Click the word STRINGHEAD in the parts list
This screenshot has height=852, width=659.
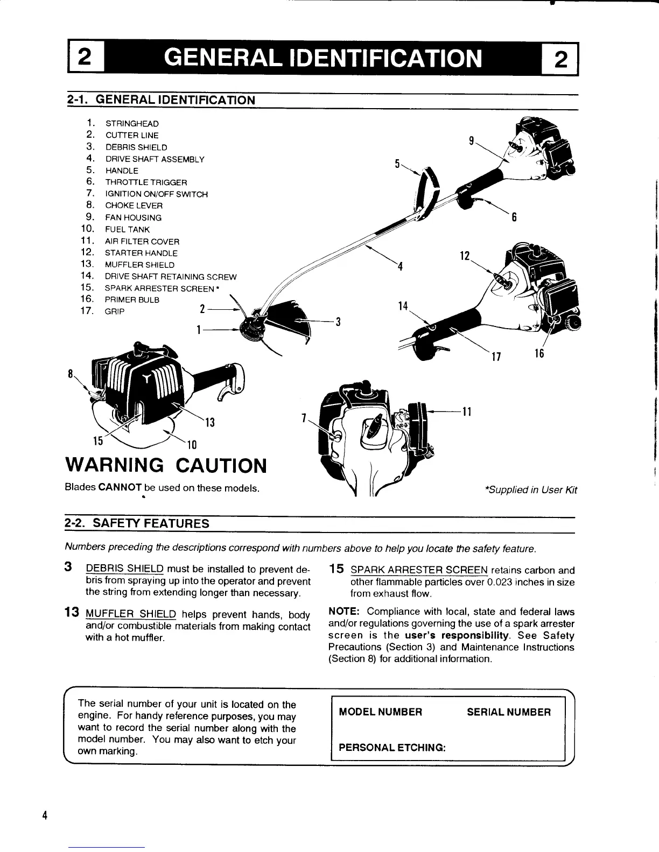(x=132, y=124)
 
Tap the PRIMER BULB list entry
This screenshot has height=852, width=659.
(x=132, y=300)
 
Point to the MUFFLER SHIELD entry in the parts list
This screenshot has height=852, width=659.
(x=139, y=265)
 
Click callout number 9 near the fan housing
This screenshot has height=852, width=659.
(x=471, y=141)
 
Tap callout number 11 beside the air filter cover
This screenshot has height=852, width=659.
(x=467, y=412)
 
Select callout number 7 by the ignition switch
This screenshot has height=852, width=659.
(x=304, y=418)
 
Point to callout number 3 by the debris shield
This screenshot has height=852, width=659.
(x=338, y=322)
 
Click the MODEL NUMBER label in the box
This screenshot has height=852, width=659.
(x=381, y=712)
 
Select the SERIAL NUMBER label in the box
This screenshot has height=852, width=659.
(x=509, y=712)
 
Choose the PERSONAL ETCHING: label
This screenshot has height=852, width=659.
(x=391, y=748)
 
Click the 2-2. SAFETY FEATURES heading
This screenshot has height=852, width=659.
(x=137, y=523)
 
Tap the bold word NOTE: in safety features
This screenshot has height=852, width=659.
(x=345, y=612)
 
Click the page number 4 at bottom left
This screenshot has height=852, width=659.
(x=45, y=815)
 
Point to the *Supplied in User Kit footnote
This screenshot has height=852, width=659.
(x=531, y=489)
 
